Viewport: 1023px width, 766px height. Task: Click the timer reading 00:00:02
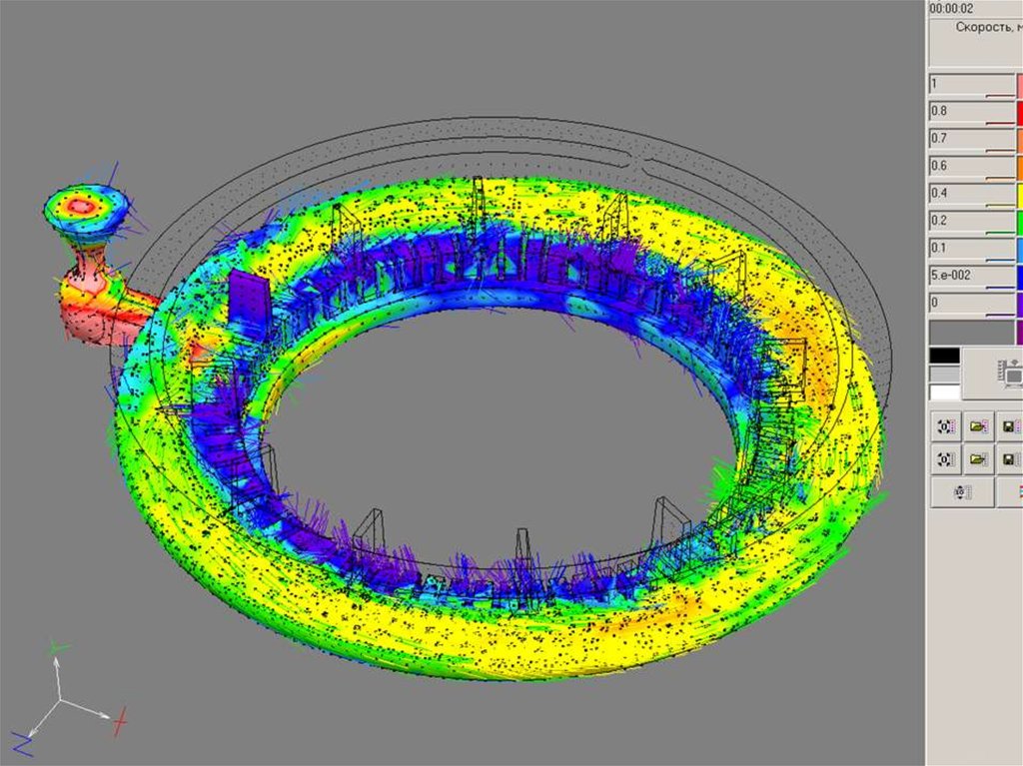click(951, 8)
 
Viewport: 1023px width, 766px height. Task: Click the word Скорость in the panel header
click(984, 27)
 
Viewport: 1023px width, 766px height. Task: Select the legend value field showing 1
click(971, 85)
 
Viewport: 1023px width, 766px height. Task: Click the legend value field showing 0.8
click(971, 112)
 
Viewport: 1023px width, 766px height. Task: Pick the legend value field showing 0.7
click(971, 140)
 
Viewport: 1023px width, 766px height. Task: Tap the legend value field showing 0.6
click(971, 167)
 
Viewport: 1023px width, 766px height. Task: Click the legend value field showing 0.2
click(971, 222)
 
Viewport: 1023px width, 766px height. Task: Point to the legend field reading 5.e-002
click(971, 277)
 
